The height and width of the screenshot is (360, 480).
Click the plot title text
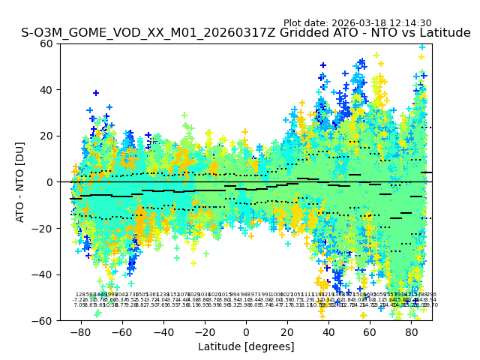pos(246,33)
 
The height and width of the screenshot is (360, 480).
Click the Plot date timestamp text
pos(357,23)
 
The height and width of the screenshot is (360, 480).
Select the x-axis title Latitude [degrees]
pos(246,346)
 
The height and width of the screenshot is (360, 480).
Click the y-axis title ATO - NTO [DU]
pos(20,181)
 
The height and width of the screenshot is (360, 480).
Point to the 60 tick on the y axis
pos(46,43)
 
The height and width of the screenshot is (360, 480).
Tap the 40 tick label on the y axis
pos(46,90)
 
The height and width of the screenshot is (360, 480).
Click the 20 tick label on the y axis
pos(46,136)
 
